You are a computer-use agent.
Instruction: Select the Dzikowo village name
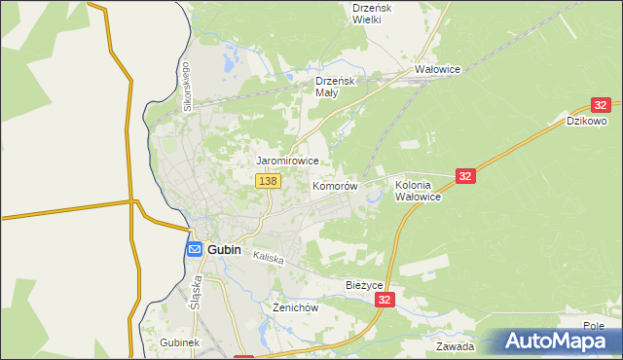pos(587,122)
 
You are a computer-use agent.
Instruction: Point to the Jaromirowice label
pos(287,161)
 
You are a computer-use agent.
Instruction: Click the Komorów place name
pos(335,186)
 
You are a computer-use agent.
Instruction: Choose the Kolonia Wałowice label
pos(419,190)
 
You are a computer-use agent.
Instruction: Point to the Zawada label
pos(455,346)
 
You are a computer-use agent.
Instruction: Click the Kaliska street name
pos(268,259)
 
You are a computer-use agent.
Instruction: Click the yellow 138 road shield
pos(268,181)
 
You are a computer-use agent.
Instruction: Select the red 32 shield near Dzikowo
pos(601,105)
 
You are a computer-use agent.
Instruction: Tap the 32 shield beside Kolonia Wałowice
pos(465,175)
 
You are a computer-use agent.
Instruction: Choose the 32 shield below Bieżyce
pos(386,302)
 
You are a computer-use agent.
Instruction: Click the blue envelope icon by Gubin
pos(194,249)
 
